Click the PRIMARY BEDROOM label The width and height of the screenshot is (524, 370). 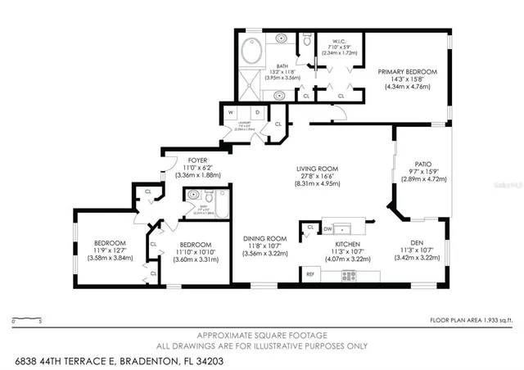pos(407,72)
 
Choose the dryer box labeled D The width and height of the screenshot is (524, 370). pos(256,112)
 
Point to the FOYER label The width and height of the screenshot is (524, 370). pos(197,160)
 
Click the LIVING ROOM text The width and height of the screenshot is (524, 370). pos(317,169)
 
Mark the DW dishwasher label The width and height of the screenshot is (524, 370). pos(327,228)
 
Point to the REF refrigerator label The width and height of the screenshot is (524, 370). pos(310,274)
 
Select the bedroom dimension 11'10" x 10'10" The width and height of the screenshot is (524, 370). pos(195,252)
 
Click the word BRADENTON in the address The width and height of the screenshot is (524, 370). pos(151,359)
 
